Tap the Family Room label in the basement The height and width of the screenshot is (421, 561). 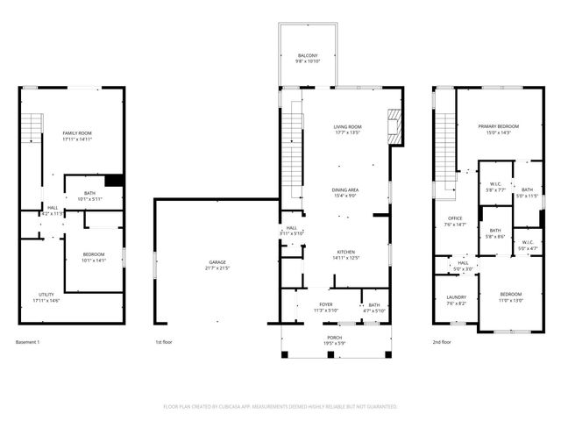77,132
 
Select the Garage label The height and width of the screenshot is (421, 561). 217,262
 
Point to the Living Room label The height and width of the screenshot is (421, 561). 347,127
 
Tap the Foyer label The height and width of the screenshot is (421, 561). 325,304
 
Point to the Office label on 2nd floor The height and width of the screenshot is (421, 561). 455,218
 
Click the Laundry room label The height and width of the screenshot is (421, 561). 455,297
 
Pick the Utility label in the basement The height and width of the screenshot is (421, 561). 46,295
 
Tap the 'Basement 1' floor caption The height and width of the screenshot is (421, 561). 28,342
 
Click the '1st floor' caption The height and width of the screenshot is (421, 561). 164,342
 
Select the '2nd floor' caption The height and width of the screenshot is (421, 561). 442,342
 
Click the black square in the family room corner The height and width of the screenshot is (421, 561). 114,181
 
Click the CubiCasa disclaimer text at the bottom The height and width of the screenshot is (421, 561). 280,407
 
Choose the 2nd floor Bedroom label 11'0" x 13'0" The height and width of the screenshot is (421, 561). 510,294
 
